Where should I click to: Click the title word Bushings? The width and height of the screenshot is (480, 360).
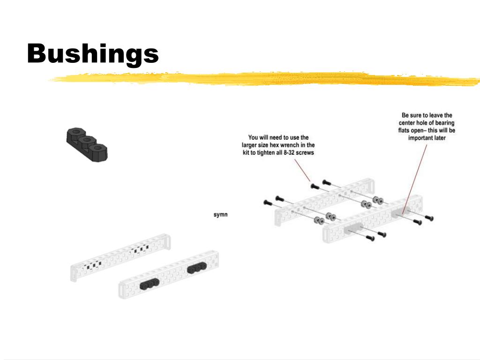point(93,54)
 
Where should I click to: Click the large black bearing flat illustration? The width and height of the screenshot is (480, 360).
point(87,144)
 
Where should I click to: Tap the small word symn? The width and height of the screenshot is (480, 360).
point(220,215)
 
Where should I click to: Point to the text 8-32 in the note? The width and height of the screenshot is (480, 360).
point(289,152)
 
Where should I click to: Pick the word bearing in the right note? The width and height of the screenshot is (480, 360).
point(445,123)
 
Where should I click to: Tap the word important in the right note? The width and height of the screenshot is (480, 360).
point(420,138)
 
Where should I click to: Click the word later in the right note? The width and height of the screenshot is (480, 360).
point(440,138)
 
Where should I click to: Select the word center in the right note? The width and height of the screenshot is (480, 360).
point(407,123)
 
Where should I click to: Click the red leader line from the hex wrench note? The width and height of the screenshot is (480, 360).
point(302,170)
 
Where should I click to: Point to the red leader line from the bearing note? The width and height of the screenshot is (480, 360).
point(414,179)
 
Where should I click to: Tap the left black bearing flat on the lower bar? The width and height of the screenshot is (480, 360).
point(150,285)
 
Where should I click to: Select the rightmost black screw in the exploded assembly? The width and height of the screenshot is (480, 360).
point(429,218)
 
